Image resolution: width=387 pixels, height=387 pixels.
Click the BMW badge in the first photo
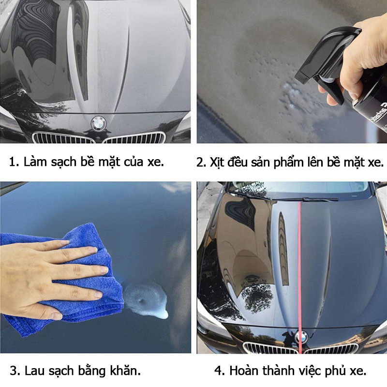[x=99, y=123]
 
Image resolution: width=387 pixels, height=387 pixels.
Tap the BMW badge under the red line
[x=300, y=336]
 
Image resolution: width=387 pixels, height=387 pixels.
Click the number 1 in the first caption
[x=13, y=162]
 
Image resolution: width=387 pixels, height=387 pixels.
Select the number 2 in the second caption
[x=200, y=162]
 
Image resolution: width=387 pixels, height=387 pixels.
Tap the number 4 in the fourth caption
[x=218, y=371]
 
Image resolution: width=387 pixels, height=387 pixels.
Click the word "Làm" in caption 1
[x=36, y=162]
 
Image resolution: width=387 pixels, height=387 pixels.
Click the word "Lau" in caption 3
[x=36, y=371]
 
